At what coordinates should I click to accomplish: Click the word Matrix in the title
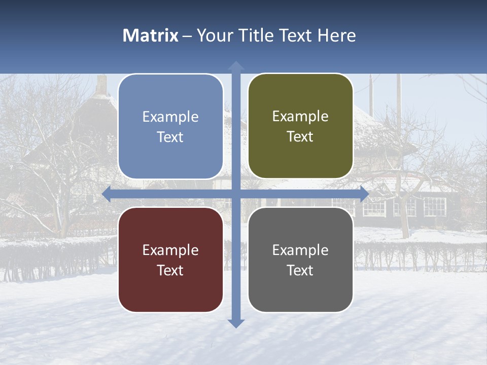[x=151, y=35]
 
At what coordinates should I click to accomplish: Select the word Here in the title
[x=336, y=35]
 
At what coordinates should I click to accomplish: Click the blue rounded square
[x=170, y=127]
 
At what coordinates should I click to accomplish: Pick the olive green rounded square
[x=300, y=126]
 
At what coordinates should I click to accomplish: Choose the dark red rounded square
[x=170, y=260]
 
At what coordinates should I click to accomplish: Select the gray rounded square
[x=300, y=260]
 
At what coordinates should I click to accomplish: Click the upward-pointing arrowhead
[x=236, y=66]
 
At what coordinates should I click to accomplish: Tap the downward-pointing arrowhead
[x=236, y=323]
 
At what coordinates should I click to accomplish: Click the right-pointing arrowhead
[x=364, y=194]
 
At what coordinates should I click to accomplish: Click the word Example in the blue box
[x=170, y=117]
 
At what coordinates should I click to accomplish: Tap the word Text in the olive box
[x=300, y=137]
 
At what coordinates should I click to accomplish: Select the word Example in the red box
[x=170, y=250]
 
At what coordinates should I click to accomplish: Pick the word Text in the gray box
[x=300, y=270]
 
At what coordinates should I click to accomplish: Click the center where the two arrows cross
[x=236, y=194]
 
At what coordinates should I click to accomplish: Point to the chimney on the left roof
[x=101, y=85]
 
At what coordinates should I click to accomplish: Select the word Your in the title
[x=212, y=35]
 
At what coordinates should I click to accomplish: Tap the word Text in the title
[x=294, y=35]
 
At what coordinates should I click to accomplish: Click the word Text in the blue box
[x=170, y=137]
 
